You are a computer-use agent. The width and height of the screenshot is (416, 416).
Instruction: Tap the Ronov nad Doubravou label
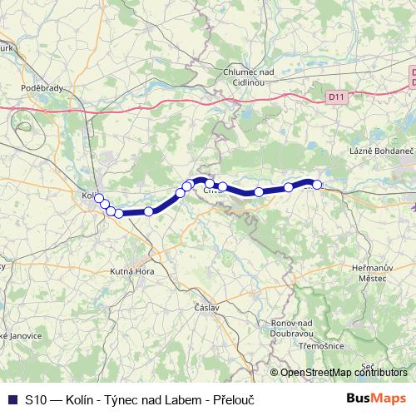coord(290,327)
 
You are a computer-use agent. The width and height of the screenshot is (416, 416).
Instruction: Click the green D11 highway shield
coord(336,97)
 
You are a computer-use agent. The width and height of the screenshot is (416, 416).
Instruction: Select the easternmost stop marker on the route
coord(317,185)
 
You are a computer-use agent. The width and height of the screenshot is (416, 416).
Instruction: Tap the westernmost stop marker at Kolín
coord(98,197)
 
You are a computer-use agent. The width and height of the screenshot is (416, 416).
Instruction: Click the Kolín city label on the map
coord(87,196)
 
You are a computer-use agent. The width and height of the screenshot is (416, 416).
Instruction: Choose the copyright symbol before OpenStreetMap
coord(275,373)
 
